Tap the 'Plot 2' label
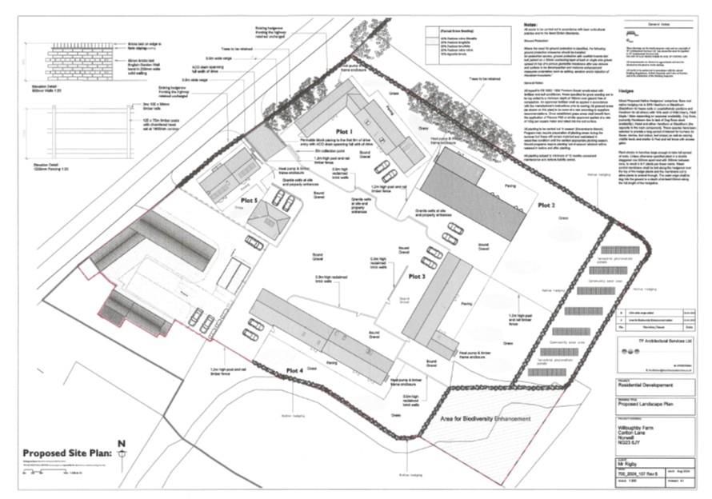546,206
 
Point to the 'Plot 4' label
294,369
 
